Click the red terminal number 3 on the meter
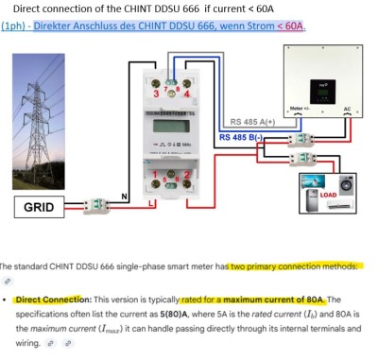pyautogui.click(x=156, y=94)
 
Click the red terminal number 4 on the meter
pyautogui.click(x=188, y=94)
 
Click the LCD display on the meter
pyautogui.click(x=172, y=128)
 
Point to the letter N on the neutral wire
pyautogui.click(x=125, y=197)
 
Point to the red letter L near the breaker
pyautogui.click(x=125, y=230)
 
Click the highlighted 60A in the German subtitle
pyautogui.click(x=294, y=26)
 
